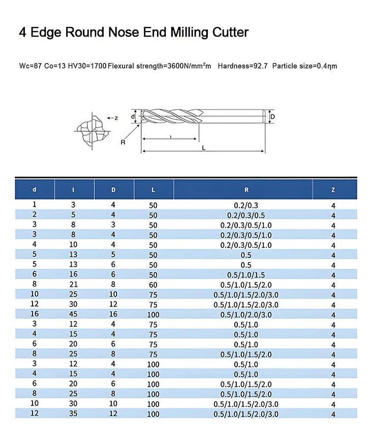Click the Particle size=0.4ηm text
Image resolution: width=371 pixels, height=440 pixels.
(x=305, y=66)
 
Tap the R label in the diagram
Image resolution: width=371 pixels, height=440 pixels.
(x=122, y=142)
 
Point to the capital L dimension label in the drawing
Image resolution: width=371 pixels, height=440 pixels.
(x=203, y=148)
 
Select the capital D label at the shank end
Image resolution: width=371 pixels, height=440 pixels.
(x=272, y=116)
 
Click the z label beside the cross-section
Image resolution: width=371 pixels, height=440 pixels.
(x=116, y=118)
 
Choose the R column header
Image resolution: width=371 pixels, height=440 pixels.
(x=246, y=190)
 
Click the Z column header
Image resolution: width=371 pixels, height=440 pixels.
(x=333, y=190)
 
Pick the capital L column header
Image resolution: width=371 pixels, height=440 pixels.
(x=153, y=190)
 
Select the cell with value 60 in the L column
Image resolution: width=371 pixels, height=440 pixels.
(x=153, y=285)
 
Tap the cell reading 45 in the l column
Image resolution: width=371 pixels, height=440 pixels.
(x=74, y=315)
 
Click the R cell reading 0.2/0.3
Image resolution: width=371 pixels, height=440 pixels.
(x=246, y=205)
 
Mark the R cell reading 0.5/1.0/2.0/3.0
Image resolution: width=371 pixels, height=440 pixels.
(x=246, y=315)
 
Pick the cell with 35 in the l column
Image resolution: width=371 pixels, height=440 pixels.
(x=74, y=414)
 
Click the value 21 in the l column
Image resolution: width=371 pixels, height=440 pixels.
(x=74, y=285)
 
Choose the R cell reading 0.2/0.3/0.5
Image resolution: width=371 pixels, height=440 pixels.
(x=246, y=215)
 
